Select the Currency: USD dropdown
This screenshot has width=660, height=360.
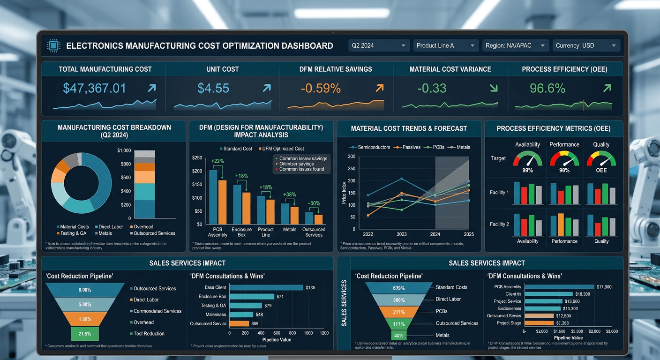(586, 45)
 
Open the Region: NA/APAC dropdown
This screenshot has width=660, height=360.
(515, 45)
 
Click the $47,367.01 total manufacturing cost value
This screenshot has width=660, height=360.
(94, 88)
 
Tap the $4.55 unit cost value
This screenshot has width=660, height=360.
(213, 88)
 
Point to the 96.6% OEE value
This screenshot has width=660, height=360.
(547, 88)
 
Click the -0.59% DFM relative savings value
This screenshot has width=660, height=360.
(321, 88)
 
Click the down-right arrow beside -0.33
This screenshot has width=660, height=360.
(493, 88)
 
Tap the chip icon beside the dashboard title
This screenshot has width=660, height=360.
(53, 45)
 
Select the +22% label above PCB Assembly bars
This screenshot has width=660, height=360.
(218, 161)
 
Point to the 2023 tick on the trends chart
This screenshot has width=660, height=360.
(401, 234)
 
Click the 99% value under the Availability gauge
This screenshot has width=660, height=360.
(527, 170)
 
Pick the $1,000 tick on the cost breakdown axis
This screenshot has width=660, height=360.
(124, 150)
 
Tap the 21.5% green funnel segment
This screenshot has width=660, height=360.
(85, 334)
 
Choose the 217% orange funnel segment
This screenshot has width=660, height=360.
(399, 312)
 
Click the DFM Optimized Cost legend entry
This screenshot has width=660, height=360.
(281, 149)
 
